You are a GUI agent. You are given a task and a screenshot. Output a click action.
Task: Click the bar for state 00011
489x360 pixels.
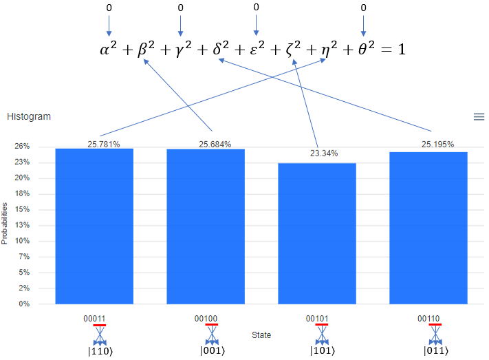pos(94,226)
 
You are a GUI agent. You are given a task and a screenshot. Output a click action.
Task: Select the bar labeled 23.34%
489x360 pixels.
pos(317,233)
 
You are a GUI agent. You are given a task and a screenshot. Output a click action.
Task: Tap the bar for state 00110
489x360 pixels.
pos(428,228)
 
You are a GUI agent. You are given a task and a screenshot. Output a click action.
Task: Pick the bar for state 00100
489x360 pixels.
pos(206,226)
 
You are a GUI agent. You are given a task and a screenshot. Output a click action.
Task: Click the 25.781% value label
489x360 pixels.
pos(104,145)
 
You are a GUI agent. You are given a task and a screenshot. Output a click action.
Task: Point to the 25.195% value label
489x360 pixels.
pos(437,145)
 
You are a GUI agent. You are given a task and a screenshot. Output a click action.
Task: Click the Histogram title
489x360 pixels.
pos(29,116)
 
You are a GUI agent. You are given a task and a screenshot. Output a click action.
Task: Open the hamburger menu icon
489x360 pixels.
pos(479,117)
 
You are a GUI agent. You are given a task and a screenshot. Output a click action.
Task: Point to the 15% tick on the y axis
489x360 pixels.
pos(23,209)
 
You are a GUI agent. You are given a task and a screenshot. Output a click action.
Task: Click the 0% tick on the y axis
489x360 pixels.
pos(24,304)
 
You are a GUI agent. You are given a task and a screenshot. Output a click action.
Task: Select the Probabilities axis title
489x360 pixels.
pos(4,223)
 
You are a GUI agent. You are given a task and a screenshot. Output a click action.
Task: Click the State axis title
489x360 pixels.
pos(261,335)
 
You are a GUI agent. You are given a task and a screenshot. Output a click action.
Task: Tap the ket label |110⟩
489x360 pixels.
pos(100,351)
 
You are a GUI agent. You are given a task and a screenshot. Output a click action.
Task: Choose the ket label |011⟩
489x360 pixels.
pos(435,350)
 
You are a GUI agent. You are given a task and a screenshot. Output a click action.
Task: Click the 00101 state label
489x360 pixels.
pos(317,319)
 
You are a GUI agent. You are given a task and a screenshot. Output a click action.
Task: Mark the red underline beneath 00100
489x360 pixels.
pos(212,325)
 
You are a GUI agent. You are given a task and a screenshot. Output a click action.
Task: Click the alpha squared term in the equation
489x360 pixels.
pos(108,48)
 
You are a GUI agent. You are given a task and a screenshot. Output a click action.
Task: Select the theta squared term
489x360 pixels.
pos(366,48)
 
